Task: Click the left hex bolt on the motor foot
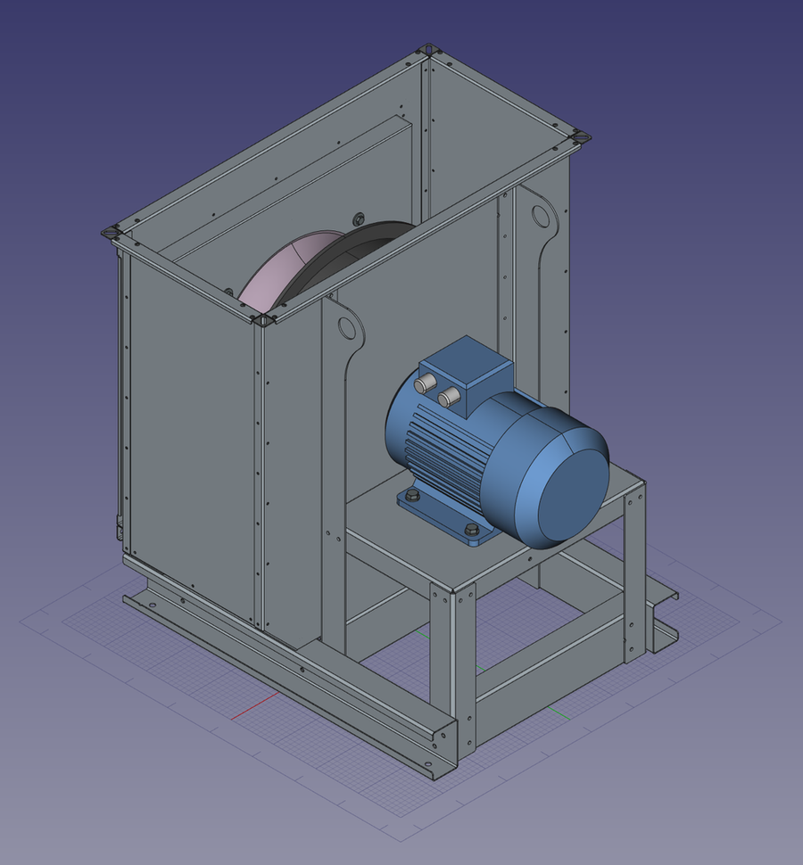(x=411, y=495)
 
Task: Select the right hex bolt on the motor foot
(x=471, y=531)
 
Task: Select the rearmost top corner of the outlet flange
(x=429, y=49)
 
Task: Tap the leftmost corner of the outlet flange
(x=112, y=234)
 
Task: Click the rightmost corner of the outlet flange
(x=580, y=137)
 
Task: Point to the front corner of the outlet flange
(x=265, y=318)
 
